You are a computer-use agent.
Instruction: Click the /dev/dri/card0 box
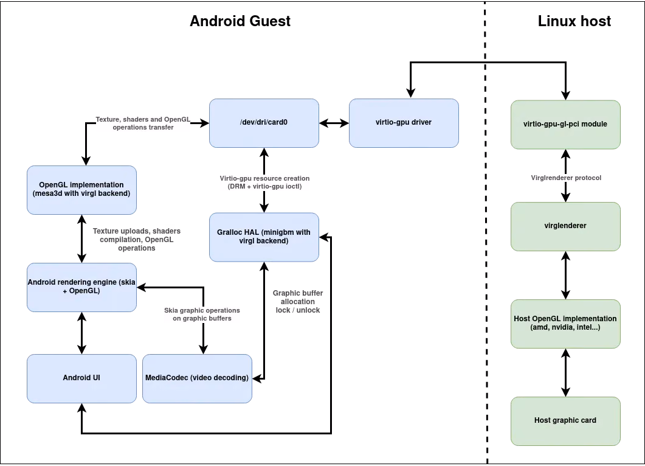[x=264, y=123]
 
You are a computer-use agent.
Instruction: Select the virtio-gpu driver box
[x=404, y=123]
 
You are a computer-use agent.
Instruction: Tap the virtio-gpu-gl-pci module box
[x=565, y=125]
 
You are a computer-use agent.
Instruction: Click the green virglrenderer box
[x=565, y=226]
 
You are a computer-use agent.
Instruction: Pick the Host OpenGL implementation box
[x=565, y=324]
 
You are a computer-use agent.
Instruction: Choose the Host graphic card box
[x=565, y=421]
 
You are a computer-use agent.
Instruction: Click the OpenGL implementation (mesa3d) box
[x=82, y=190]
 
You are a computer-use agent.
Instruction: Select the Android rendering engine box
[x=82, y=287]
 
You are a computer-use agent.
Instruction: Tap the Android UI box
[x=82, y=379]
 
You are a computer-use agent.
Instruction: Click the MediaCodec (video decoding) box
[x=197, y=379]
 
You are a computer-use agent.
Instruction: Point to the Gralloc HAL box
[x=264, y=237]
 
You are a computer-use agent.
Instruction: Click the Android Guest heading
[x=240, y=21]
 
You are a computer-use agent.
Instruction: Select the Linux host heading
[x=574, y=21]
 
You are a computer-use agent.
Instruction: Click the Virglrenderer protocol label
[x=566, y=178]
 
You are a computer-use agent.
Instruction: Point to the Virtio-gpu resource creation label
[x=264, y=183]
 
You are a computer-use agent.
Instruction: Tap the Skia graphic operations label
[x=202, y=314]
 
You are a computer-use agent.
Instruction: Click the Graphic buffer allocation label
[x=298, y=302]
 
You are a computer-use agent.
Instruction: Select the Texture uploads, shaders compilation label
[x=137, y=240]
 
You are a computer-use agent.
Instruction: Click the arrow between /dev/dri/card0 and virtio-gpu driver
[x=334, y=123]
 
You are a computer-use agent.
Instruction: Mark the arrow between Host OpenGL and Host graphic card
[x=565, y=372]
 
